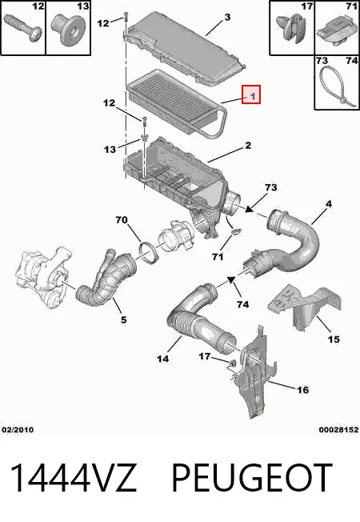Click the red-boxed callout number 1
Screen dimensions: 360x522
[253, 96]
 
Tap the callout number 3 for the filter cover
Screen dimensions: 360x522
[227, 17]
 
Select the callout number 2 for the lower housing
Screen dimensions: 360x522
[248, 146]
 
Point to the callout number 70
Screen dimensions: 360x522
[122, 220]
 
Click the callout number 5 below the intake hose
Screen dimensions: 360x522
[123, 320]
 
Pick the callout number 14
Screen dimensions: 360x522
[162, 359]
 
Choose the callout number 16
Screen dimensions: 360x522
[302, 390]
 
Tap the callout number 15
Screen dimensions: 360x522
[334, 339]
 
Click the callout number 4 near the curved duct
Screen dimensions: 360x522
[328, 203]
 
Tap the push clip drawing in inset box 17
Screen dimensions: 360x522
[291, 26]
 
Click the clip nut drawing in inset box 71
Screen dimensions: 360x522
[337, 33]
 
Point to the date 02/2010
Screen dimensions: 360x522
[18, 430]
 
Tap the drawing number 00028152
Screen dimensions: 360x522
[338, 430]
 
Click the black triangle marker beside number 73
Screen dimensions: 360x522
[250, 209]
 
